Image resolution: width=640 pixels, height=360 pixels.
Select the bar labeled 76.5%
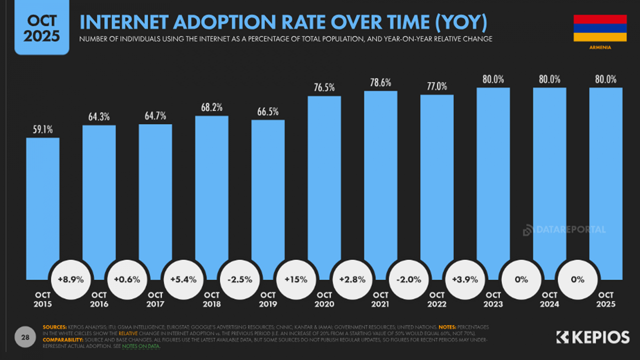click(324, 180)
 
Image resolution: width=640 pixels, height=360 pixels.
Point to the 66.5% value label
click(268, 112)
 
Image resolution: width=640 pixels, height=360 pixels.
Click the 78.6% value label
click(380, 83)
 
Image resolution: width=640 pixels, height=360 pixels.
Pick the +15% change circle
click(296, 280)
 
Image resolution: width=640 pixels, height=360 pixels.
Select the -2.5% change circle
click(240, 280)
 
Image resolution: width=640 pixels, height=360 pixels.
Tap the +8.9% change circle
click(71, 280)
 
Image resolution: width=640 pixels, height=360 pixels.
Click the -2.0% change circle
click(408, 280)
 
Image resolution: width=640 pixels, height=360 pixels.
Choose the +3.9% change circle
click(465, 280)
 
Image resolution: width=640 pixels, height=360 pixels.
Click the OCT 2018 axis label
click(212, 299)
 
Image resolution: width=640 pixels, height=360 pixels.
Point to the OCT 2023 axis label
click(493, 299)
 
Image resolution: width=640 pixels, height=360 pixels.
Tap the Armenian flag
click(600, 28)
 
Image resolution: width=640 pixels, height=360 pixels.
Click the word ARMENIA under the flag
click(600, 47)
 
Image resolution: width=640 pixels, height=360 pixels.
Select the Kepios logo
click(593, 337)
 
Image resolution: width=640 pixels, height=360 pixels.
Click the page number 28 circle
click(25, 337)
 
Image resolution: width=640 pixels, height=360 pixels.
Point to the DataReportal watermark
click(564, 230)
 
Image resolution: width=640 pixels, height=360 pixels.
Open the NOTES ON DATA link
click(140, 346)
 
